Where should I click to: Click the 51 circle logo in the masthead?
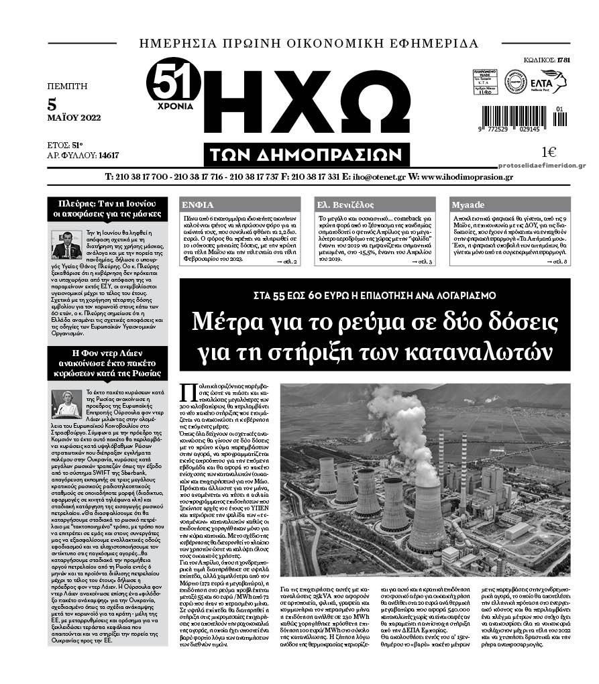[x=172, y=82]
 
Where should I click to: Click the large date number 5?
[x=52, y=105]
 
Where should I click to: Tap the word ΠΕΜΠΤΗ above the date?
[x=67, y=86]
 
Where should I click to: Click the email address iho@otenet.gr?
[x=375, y=177]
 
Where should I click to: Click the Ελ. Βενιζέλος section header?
[x=345, y=205]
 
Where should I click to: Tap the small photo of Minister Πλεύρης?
[x=66, y=244]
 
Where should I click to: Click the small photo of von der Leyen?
[x=66, y=404]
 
